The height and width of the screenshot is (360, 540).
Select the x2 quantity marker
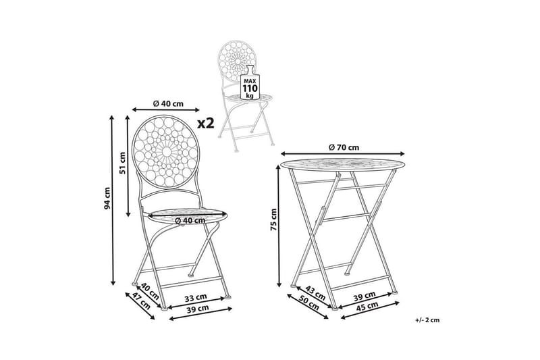(205, 123)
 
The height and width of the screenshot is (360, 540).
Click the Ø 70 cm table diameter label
(344, 147)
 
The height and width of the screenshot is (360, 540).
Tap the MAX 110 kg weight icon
(249, 85)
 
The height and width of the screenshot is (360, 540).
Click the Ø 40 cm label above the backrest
(167, 103)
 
